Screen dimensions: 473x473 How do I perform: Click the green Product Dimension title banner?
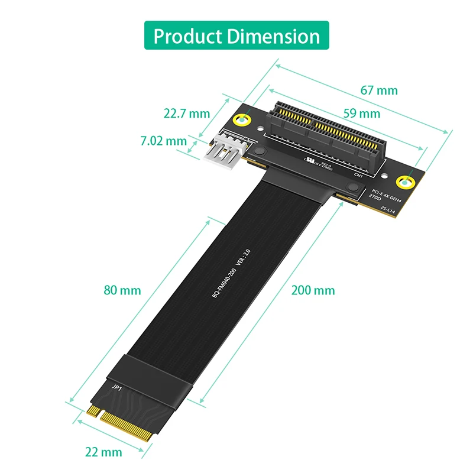237,36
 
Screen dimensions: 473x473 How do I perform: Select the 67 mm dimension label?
379,90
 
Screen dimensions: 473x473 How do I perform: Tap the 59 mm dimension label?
361,113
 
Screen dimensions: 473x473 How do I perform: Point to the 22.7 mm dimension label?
187,113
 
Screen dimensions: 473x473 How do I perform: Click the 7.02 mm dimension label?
163,141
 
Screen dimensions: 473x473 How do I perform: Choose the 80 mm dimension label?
122,290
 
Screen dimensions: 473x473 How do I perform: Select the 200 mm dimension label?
313,290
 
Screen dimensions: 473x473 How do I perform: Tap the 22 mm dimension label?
103,452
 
